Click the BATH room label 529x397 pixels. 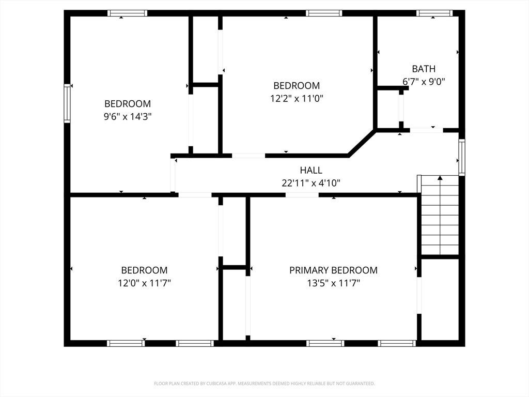coord(424,69)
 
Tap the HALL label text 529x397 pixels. coord(311,170)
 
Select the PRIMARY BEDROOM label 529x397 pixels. coord(333,270)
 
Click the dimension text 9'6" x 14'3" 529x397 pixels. coord(128,117)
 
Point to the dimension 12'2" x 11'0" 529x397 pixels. coord(297,99)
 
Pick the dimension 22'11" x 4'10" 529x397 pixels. coord(311,183)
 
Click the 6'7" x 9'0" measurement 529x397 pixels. coord(424,81)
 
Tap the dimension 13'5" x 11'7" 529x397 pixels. coord(333,283)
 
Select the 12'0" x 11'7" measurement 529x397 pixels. coord(145,283)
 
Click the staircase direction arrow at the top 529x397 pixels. coord(440,178)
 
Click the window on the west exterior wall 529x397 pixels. coord(67,103)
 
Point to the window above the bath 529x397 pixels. coord(434,13)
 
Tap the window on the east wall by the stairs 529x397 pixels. coord(462,157)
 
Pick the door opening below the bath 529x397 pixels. coord(426,130)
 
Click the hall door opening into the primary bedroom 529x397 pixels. coord(302,195)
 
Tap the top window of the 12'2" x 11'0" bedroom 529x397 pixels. coord(324,13)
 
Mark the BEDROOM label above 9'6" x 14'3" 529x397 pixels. coord(128,103)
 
